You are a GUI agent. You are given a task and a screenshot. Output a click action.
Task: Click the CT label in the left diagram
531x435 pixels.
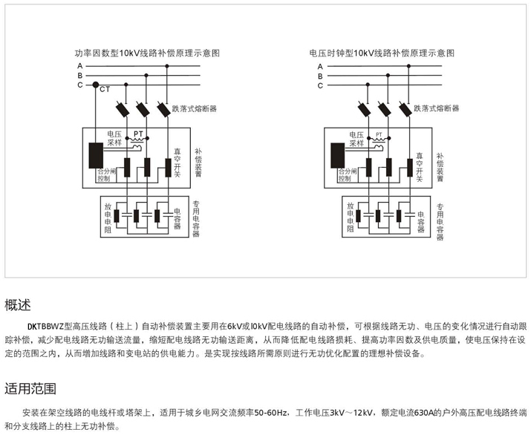coord(105,90)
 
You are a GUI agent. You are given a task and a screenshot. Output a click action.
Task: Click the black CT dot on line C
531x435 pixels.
coord(95,85)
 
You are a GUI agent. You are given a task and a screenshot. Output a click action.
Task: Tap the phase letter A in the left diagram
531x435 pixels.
coord(79,67)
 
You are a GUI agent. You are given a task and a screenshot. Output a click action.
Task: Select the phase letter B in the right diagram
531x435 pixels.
coord(321,76)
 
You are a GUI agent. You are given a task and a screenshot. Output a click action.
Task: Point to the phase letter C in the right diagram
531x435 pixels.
coord(321,85)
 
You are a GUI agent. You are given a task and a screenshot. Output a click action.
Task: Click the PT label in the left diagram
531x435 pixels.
coord(138,136)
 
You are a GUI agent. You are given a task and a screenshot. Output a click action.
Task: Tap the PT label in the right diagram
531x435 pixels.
coord(379,136)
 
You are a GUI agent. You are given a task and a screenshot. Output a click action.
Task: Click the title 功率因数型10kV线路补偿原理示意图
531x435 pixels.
coord(148,53)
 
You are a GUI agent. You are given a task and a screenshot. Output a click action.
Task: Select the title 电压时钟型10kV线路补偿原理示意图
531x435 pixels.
coord(382,53)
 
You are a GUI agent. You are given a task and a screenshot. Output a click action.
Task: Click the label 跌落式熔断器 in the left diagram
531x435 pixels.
coord(194,108)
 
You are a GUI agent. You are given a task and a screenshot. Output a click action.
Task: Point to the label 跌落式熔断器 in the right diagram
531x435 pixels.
coord(436,108)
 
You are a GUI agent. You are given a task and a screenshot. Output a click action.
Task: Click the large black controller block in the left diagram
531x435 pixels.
coord(95,154)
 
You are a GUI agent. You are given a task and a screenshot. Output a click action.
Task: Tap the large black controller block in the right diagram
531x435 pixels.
coord(336,154)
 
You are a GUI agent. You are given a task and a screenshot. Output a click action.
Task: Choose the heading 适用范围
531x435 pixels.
coord(29,388)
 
